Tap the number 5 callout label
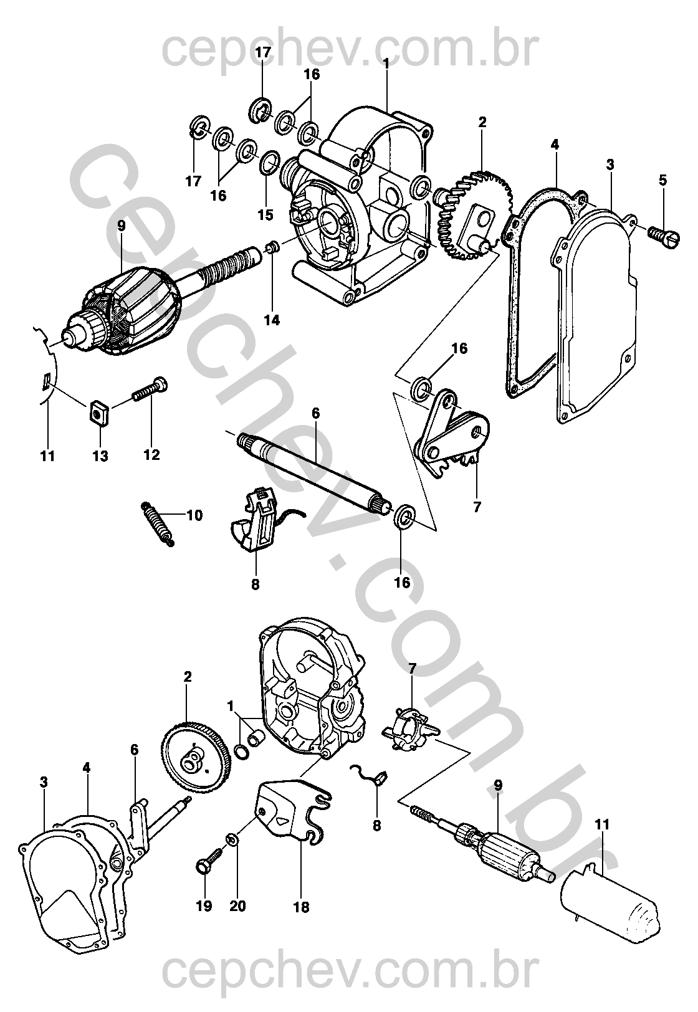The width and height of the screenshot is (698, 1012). pyautogui.click(x=662, y=180)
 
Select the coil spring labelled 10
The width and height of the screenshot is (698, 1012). pyautogui.click(x=157, y=523)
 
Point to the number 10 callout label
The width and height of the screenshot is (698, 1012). pyautogui.click(x=194, y=515)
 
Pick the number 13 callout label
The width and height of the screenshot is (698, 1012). pyautogui.click(x=100, y=456)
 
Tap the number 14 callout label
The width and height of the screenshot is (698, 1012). pyautogui.click(x=272, y=320)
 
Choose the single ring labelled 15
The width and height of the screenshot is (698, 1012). pyautogui.click(x=269, y=163)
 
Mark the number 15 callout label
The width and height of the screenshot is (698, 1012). pyautogui.click(x=265, y=214)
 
